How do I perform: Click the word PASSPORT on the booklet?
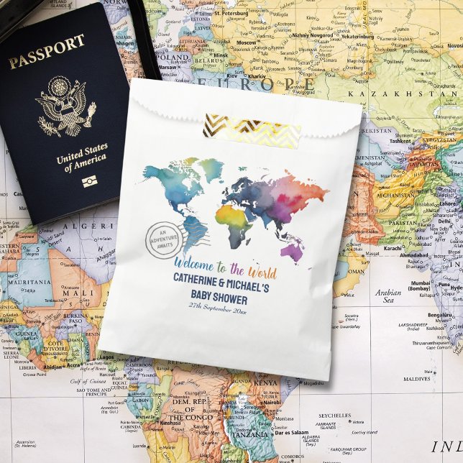click(47, 51)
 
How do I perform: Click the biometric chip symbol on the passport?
click(89, 181)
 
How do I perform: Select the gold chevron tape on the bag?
click(252, 129)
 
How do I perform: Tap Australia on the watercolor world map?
click(293, 250)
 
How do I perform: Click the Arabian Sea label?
click(388, 296)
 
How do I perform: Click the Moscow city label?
click(247, 42)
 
